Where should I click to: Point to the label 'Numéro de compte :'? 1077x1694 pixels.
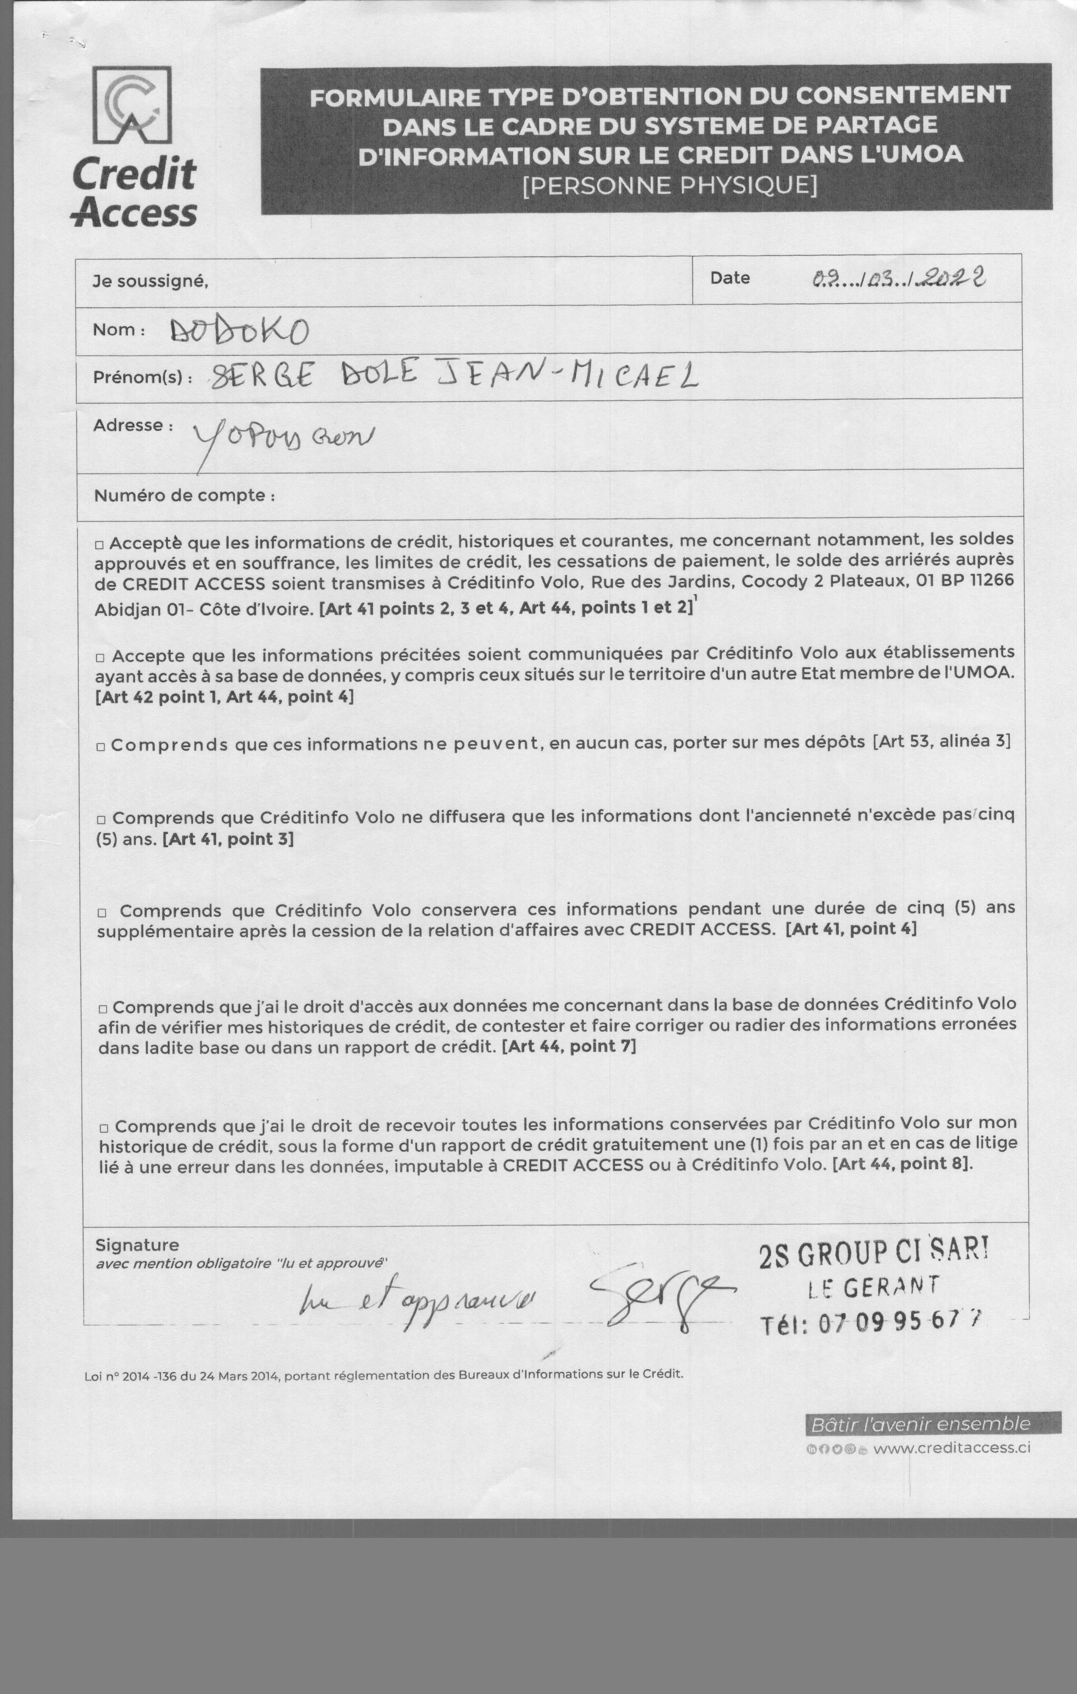click(184, 495)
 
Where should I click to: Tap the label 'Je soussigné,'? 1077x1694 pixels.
click(150, 281)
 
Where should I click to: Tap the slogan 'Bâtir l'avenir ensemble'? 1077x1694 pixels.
click(921, 1424)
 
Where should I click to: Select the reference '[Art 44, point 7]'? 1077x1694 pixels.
click(569, 1046)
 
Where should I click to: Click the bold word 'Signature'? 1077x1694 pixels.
click(137, 1245)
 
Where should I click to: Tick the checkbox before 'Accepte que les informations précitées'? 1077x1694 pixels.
click(100, 657)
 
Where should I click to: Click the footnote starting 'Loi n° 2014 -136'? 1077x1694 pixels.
click(383, 1374)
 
